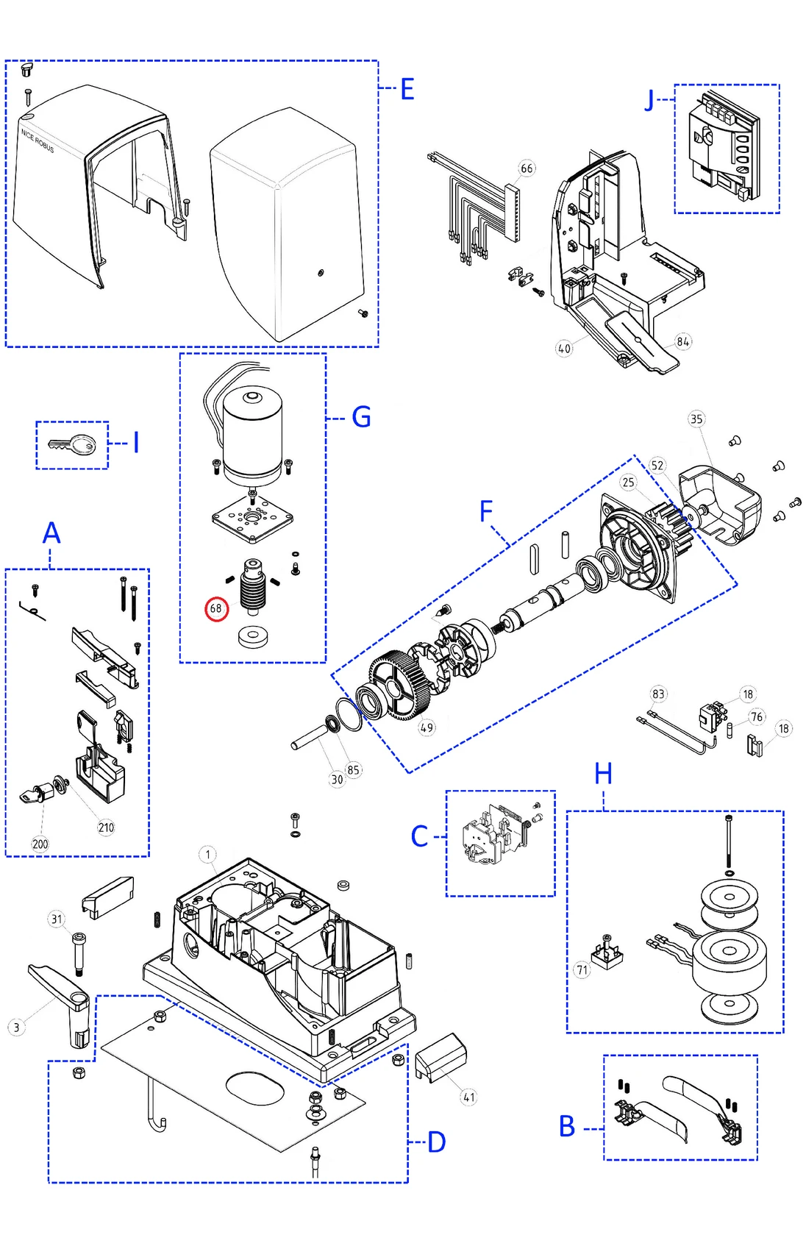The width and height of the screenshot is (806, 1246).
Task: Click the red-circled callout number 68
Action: tap(216, 608)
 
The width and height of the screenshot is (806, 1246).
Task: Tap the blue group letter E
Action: tap(407, 90)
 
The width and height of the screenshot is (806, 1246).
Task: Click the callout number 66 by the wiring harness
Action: tap(527, 168)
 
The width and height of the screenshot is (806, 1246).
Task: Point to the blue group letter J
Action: tap(649, 99)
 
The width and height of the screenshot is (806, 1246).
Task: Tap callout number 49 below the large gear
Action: tap(427, 727)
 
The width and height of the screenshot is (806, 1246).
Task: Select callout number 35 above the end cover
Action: tap(696, 419)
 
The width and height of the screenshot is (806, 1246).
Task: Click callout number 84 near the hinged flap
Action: tap(683, 341)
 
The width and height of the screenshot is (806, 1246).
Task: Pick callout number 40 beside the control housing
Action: tap(564, 349)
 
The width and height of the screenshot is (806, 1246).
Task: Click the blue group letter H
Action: tap(603, 774)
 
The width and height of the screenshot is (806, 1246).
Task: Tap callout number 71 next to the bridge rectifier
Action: tap(582, 970)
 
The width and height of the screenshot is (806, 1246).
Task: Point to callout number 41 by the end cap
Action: tap(469, 1097)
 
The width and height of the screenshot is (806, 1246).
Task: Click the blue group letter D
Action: tap(437, 1142)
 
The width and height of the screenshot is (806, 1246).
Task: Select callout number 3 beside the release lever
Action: tap(17, 1028)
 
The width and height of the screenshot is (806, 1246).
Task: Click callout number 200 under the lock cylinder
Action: tap(40, 844)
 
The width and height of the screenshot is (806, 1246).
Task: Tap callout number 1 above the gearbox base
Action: tap(208, 854)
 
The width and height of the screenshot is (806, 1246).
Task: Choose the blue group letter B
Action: tap(567, 1126)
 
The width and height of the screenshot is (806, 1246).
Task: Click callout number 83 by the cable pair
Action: tap(658, 694)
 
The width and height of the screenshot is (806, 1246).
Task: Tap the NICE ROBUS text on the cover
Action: tap(38, 140)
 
